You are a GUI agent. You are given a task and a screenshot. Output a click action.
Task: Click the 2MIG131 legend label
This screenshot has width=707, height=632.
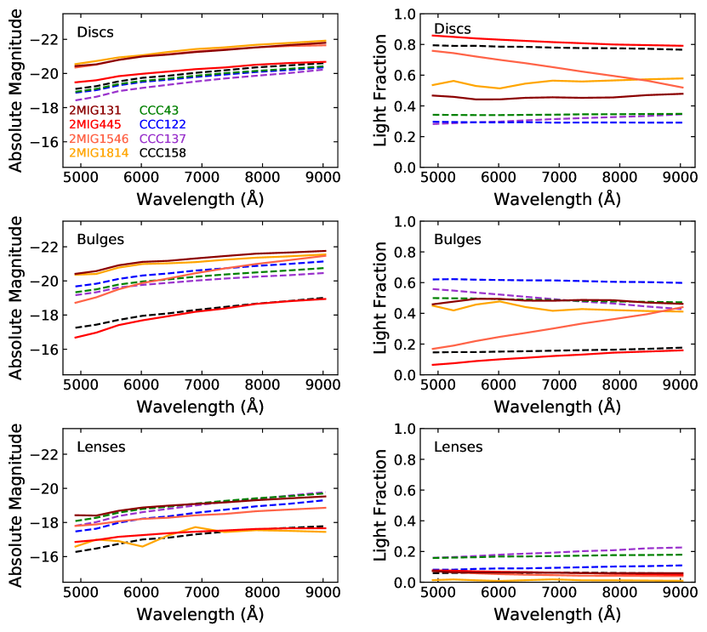tap(95, 111)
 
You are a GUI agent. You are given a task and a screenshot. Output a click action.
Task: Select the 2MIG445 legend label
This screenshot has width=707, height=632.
tap(95, 125)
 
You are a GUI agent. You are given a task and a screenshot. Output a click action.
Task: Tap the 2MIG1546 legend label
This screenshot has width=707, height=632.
tap(99, 139)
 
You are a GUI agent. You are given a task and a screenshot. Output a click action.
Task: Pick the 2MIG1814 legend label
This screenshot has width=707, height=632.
tap(99, 153)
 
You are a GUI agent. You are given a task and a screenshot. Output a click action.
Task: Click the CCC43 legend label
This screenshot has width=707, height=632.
tap(159, 111)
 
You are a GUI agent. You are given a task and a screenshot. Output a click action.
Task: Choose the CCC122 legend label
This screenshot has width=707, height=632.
tap(162, 125)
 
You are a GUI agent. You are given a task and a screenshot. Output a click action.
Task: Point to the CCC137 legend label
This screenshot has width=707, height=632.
tap(162, 139)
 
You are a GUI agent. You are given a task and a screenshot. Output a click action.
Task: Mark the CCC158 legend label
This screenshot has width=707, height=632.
tap(162, 153)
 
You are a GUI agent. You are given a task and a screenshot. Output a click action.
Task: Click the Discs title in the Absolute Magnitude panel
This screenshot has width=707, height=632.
tap(95, 33)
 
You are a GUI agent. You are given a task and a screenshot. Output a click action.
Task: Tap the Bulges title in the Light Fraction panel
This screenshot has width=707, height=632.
tap(457, 240)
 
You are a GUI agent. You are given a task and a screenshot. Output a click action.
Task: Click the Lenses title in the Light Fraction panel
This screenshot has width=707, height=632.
tap(459, 447)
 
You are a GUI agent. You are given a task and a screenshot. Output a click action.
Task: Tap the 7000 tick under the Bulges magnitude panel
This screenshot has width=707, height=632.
tap(201, 384)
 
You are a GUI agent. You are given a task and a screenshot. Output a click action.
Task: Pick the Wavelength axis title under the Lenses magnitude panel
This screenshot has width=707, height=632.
tap(200, 614)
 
